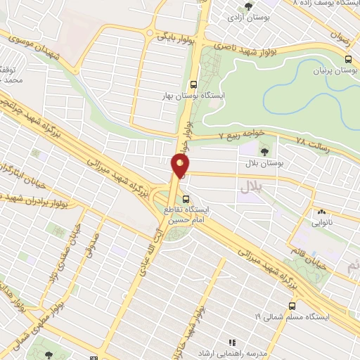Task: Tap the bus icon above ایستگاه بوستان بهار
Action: pyautogui.click(x=194, y=82)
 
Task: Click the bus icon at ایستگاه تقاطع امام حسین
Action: pyautogui.click(x=186, y=199)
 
